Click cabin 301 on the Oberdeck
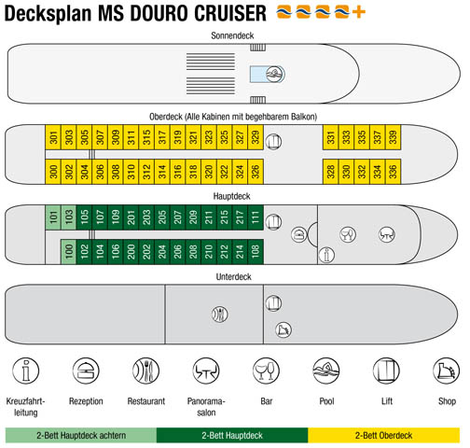tap(53, 137)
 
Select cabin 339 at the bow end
tap(394, 137)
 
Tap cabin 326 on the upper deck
tap(256, 172)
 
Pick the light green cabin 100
tap(68, 251)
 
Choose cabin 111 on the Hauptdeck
tap(256, 217)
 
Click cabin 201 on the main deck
tap(131, 217)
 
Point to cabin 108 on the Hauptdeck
tap(256, 251)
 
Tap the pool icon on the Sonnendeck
tap(275, 75)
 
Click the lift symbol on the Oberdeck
tap(273, 142)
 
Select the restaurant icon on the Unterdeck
tap(220, 315)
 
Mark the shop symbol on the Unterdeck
tap(283, 329)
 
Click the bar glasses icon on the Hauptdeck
tap(348, 234)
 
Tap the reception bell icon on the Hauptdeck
tap(299, 234)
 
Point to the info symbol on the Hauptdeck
tap(326, 255)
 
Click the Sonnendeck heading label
tap(232, 35)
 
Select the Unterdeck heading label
tap(233, 277)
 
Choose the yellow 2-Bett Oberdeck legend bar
tap(384, 435)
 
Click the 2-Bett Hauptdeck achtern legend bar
tap(81, 435)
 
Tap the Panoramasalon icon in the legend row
tap(206, 371)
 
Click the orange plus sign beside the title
tap(359, 12)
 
